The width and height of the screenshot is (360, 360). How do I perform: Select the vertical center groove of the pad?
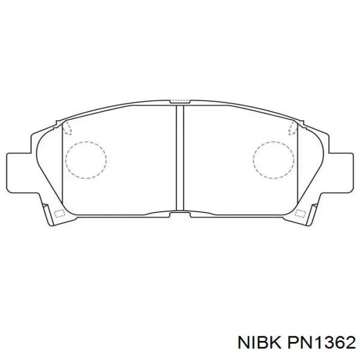pos(180,158)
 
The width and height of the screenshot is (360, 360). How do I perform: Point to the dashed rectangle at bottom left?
pos(60,213)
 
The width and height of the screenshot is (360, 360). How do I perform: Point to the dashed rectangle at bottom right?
pos(300,213)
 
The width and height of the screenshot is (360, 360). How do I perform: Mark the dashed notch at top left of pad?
pos(67,128)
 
